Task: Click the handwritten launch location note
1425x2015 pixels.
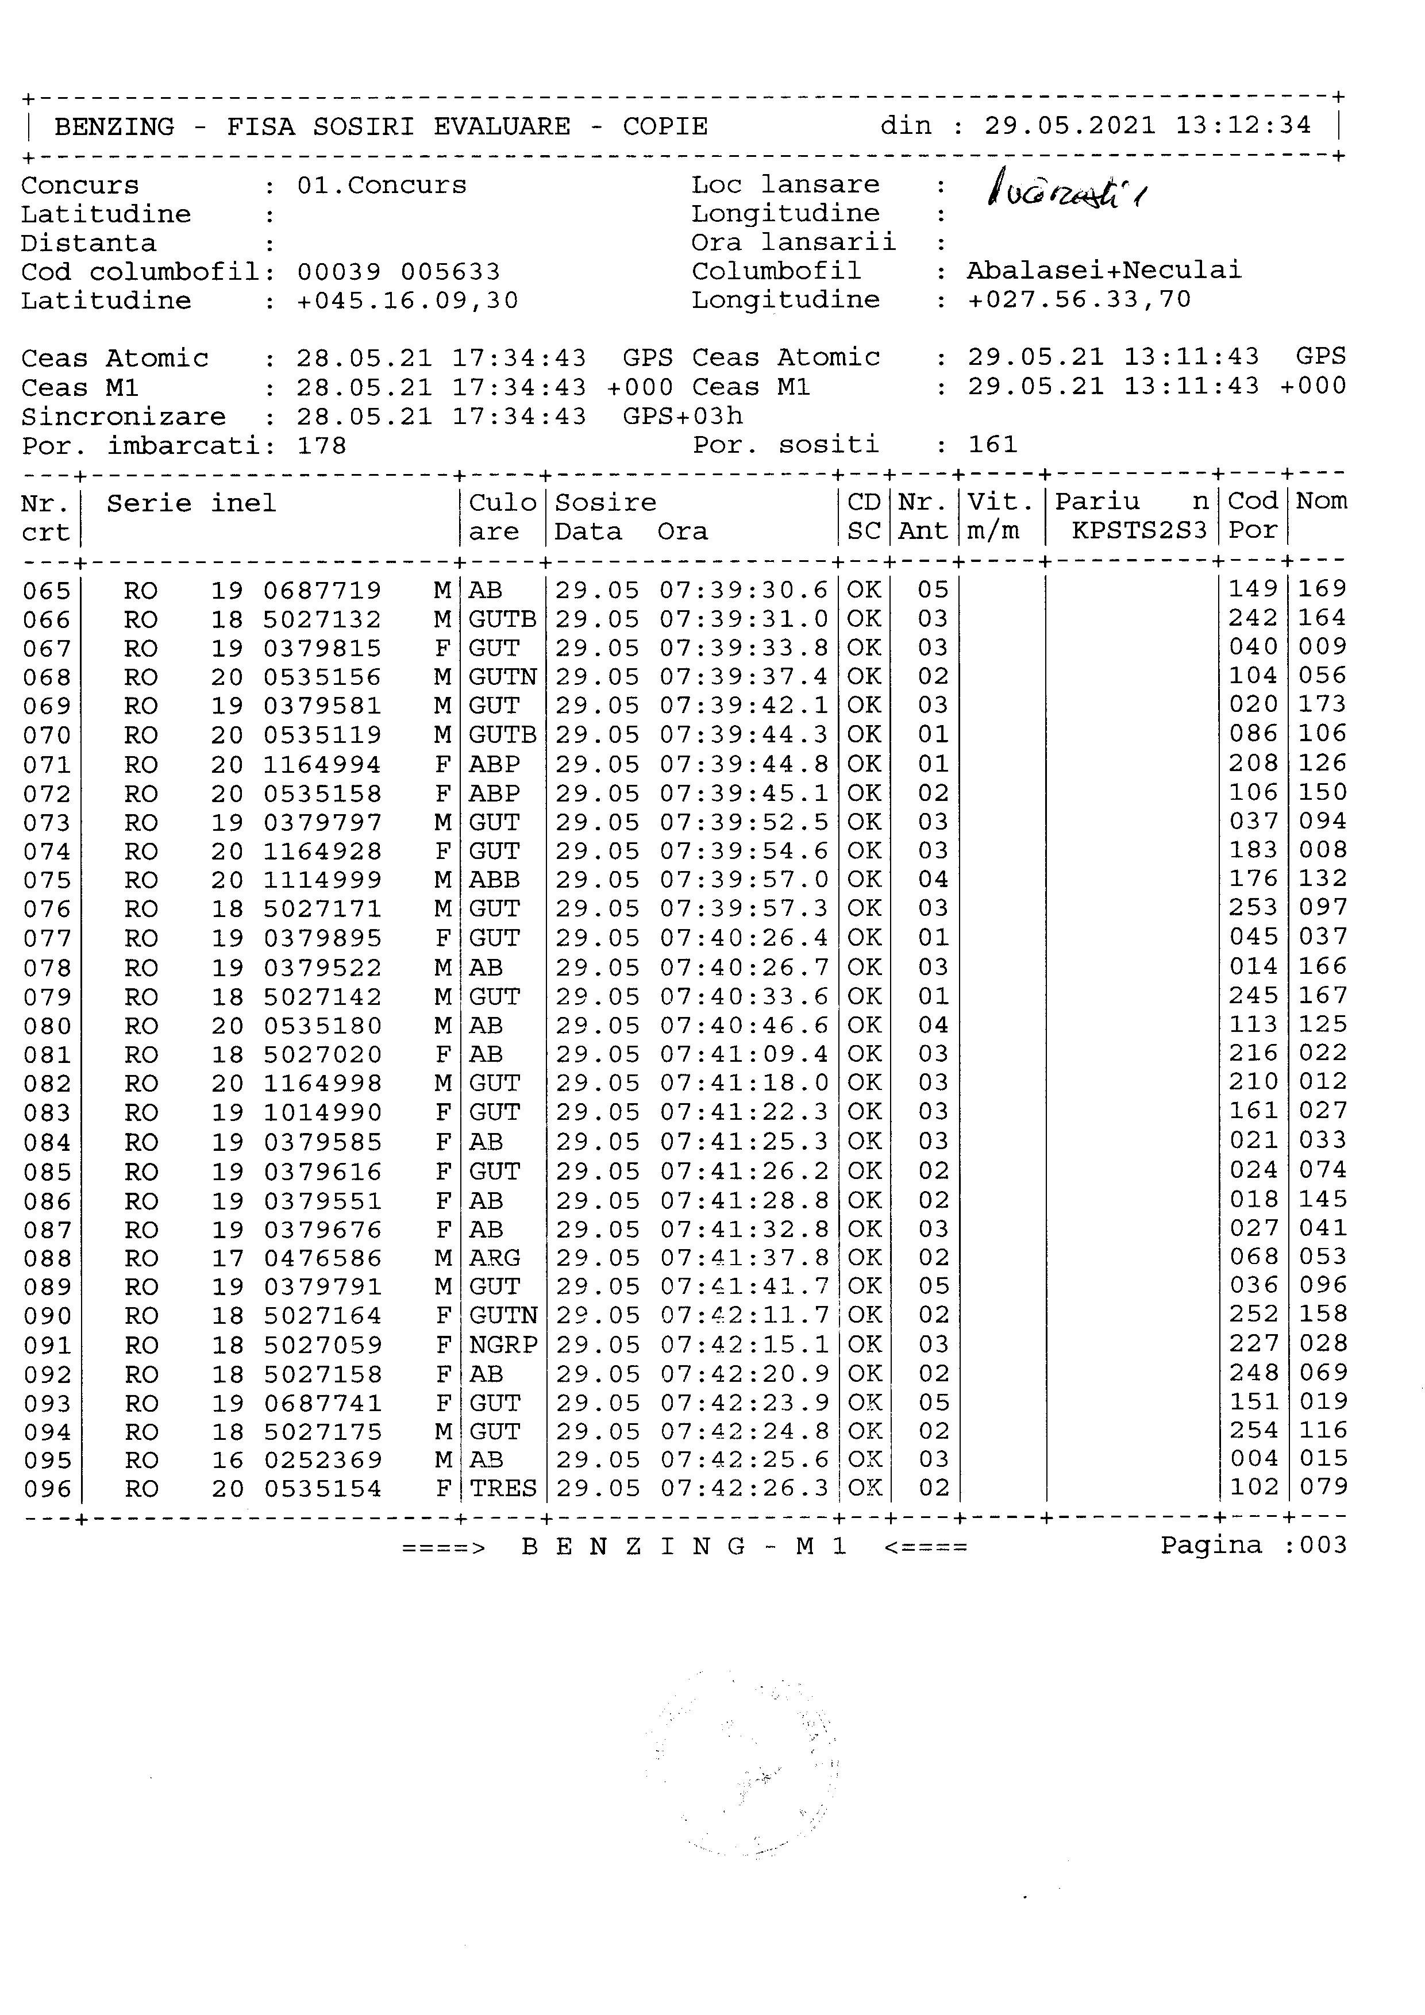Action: [1065, 188]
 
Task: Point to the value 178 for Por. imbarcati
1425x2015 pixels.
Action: [322, 446]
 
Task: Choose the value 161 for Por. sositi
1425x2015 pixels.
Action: [992, 444]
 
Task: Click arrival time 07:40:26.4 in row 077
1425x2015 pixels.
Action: [744, 938]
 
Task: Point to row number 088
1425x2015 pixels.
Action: [47, 1258]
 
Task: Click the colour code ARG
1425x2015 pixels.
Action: [495, 1258]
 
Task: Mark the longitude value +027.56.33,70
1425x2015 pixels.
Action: [1079, 300]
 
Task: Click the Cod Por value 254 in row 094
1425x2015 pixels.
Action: [1253, 1431]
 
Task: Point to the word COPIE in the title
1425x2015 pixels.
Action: [665, 126]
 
